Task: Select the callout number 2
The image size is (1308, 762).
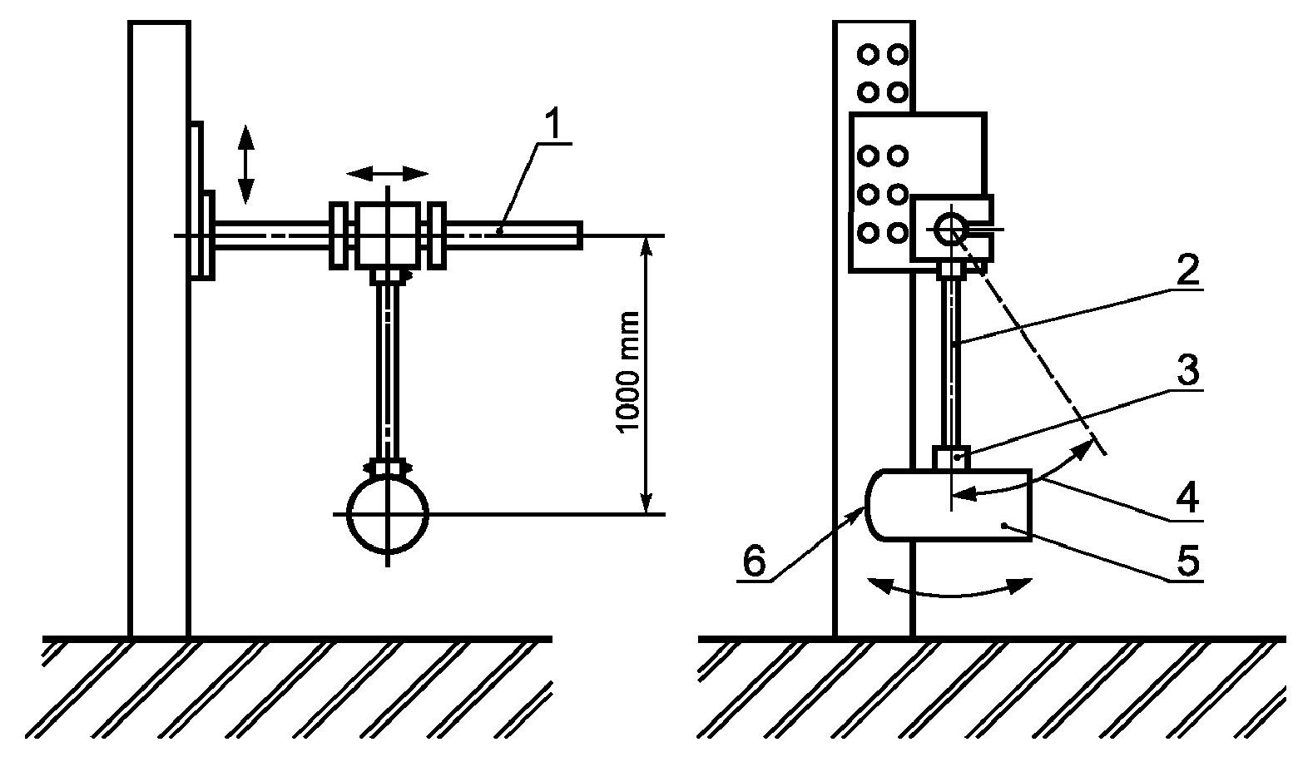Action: coord(1187,270)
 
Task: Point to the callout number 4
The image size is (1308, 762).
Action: coord(1187,497)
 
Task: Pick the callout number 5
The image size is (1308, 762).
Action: coord(1187,561)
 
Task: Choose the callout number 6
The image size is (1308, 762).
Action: coord(754,562)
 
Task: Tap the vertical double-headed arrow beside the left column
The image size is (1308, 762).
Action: coord(245,164)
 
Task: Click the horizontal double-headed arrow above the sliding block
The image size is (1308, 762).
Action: coord(387,173)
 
